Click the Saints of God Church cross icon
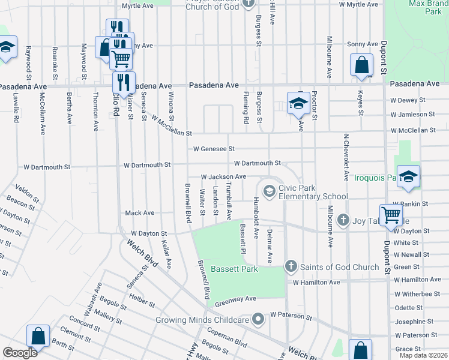pyautogui.click(x=291, y=266)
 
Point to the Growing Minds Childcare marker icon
pyautogui.click(x=258, y=319)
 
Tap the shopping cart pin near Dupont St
pyautogui.click(x=391, y=214)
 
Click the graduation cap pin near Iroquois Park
pyautogui.click(x=408, y=176)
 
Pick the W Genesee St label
pyautogui.click(x=214, y=148)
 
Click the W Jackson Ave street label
pyautogui.click(x=223, y=177)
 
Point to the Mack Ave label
pyautogui.click(x=139, y=213)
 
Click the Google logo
pyautogui.click(x=20, y=353)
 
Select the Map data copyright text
pyautogui.click(x=423, y=355)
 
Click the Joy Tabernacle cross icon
pyautogui.click(x=343, y=220)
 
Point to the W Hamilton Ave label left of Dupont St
pyautogui.click(x=316, y=282)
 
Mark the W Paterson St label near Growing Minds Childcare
pyautogui.click(x=291, y=314)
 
